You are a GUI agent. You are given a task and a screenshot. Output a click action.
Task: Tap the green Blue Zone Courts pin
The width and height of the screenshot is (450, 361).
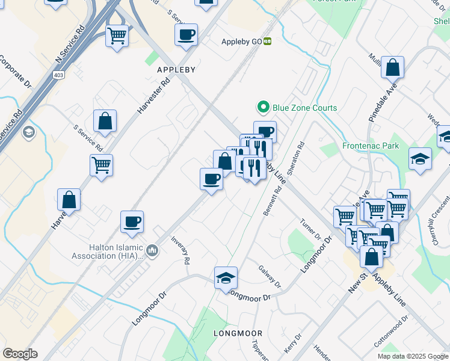tap(262, 108)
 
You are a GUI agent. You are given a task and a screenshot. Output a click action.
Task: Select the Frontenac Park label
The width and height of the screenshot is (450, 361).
tap(370, 146)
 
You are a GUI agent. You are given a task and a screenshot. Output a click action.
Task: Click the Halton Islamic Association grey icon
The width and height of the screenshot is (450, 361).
tap(152, 250)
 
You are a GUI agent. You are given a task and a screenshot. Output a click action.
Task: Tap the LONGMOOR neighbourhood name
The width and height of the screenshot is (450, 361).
tap(238, 333)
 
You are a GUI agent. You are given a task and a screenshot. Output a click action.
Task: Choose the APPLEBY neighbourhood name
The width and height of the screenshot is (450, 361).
tap(176, 70)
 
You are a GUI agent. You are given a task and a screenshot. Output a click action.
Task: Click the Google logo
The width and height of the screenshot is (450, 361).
tap(20, 354)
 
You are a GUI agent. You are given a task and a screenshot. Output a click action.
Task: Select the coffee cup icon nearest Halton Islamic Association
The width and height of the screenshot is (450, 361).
tap(132, 221)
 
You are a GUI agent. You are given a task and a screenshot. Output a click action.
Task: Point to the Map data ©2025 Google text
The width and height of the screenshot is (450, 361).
tap(412, 356)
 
